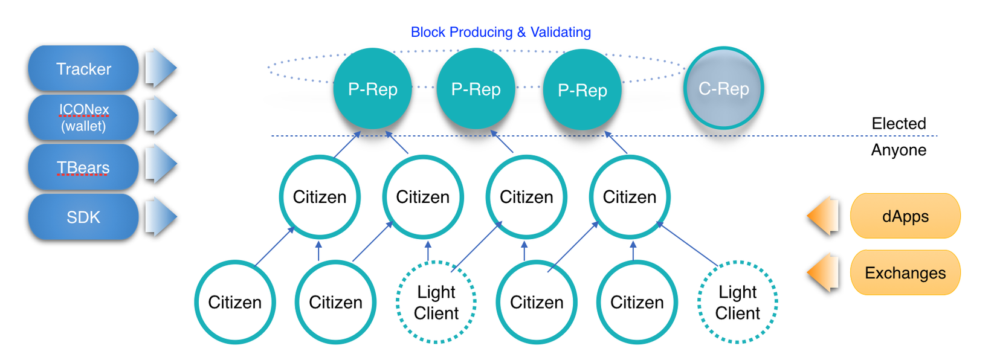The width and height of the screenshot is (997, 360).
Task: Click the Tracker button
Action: click(83, 69)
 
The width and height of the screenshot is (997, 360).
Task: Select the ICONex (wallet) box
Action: click(83, 118)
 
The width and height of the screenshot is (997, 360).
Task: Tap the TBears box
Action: click(83, 167)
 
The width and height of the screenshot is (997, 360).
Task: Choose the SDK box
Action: click(83, 217)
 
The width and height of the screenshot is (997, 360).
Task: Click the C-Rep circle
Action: click(723, 89)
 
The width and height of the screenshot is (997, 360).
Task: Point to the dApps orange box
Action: click(905, 216)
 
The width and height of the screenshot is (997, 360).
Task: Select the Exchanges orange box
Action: click(905, 273)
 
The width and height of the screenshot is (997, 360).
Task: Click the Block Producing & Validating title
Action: click(500, 32)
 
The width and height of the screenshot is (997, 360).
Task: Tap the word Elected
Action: click(899, 124)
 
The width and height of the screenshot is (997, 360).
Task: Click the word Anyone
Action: click(899, 150)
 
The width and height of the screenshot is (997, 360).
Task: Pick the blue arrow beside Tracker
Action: click(160, 68)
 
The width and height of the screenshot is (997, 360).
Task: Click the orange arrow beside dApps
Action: click(824, 216)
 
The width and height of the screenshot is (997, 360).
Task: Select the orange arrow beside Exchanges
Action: click(824, 272)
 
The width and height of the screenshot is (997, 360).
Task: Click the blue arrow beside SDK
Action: click(160, 216)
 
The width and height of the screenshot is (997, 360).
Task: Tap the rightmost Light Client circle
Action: click(737, 302)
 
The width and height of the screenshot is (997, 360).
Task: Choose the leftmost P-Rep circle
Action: click(373, 89)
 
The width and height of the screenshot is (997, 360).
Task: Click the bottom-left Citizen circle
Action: click(235, 302)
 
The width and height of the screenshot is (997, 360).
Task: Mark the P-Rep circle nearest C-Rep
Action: click(582, 90)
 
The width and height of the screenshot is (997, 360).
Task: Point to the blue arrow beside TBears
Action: click(160, 164)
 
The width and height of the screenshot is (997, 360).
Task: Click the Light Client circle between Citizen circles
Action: click(436, 302)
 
